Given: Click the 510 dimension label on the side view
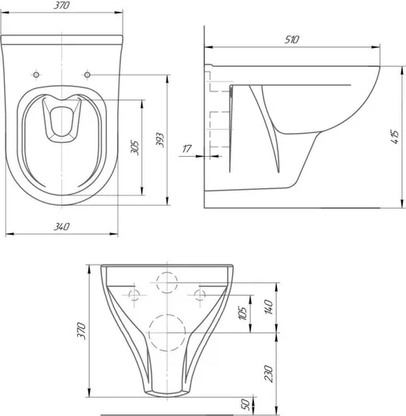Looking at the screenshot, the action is click(292, 39).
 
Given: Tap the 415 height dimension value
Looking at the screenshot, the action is click(395, 137).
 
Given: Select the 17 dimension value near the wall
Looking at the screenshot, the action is click(186, 149).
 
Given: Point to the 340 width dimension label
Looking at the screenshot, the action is click(61, 227).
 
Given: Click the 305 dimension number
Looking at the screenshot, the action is click(135, 147).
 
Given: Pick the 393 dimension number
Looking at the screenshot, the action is click(160, 139).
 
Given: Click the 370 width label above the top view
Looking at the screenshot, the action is click(61, 6).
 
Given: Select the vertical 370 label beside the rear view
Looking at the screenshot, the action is click(81, 331).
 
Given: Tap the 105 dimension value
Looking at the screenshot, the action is click(243, 313).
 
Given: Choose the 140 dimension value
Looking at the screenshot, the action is click(269, 307).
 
